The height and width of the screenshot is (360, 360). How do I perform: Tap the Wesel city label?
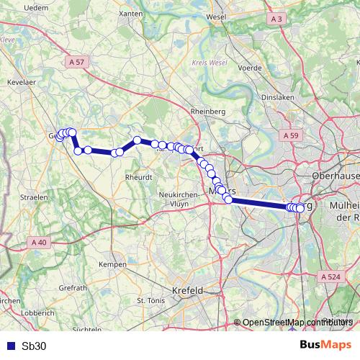tap(216, 16)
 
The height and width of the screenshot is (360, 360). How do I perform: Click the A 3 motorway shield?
tap(276, 18)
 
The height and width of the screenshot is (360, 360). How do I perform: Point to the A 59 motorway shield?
tap(291, 135)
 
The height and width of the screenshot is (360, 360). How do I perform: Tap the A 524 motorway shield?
tap(331, 276)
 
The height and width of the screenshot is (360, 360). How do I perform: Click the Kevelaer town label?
tap(22, 83)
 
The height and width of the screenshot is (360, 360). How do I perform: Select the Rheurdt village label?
tap(138, 176)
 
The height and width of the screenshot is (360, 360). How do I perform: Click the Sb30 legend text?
tap(34, 346)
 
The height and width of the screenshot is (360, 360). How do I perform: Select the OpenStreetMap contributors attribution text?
tap(297, 323)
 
